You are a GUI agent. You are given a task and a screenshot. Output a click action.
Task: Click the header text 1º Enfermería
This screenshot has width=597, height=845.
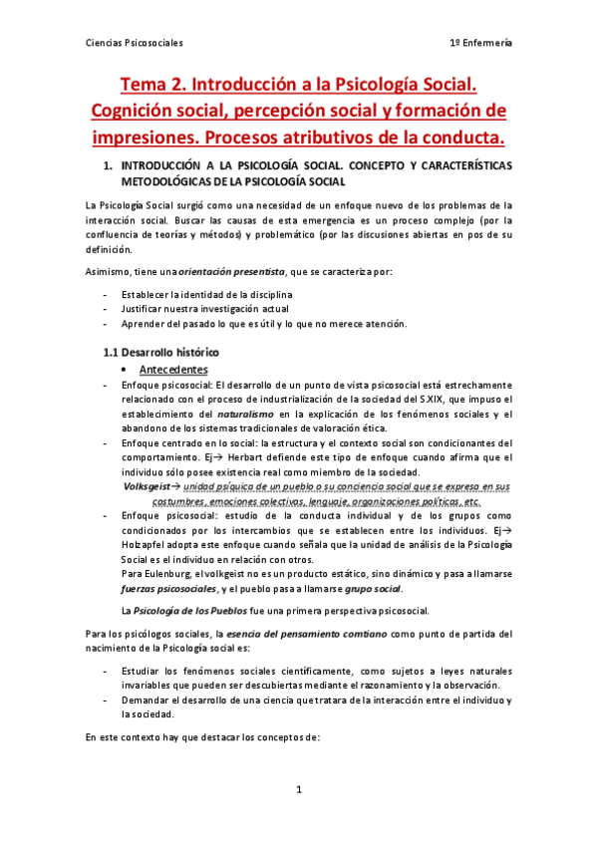click(482, 43)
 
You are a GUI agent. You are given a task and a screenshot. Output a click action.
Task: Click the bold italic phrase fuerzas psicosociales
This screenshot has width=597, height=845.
click(166, 589)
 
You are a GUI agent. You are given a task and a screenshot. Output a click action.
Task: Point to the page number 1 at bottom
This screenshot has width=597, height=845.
click(298, 789)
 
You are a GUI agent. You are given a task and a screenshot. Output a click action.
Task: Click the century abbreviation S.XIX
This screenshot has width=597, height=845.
click(438, 400)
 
